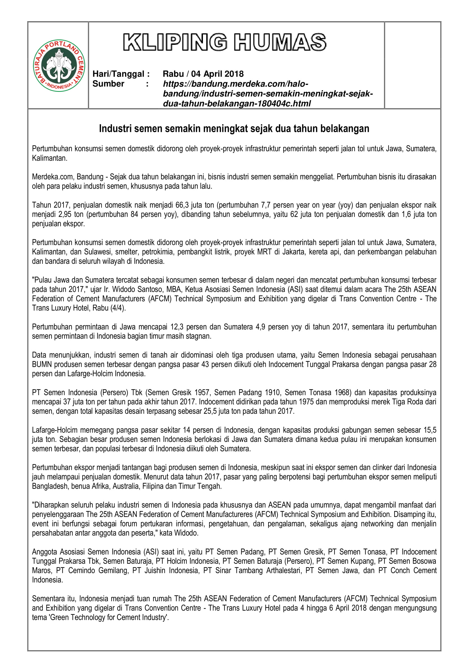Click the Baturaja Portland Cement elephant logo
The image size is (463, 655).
(x=59, y=66)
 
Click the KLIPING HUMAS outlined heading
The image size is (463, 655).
(x=225, y=42)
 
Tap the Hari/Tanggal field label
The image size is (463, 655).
(x=121, y=74)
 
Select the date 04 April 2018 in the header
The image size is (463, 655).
(x=217, y=74)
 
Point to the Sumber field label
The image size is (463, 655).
(x=108, y=84)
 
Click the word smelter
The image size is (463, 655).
(x=126, y=252)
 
